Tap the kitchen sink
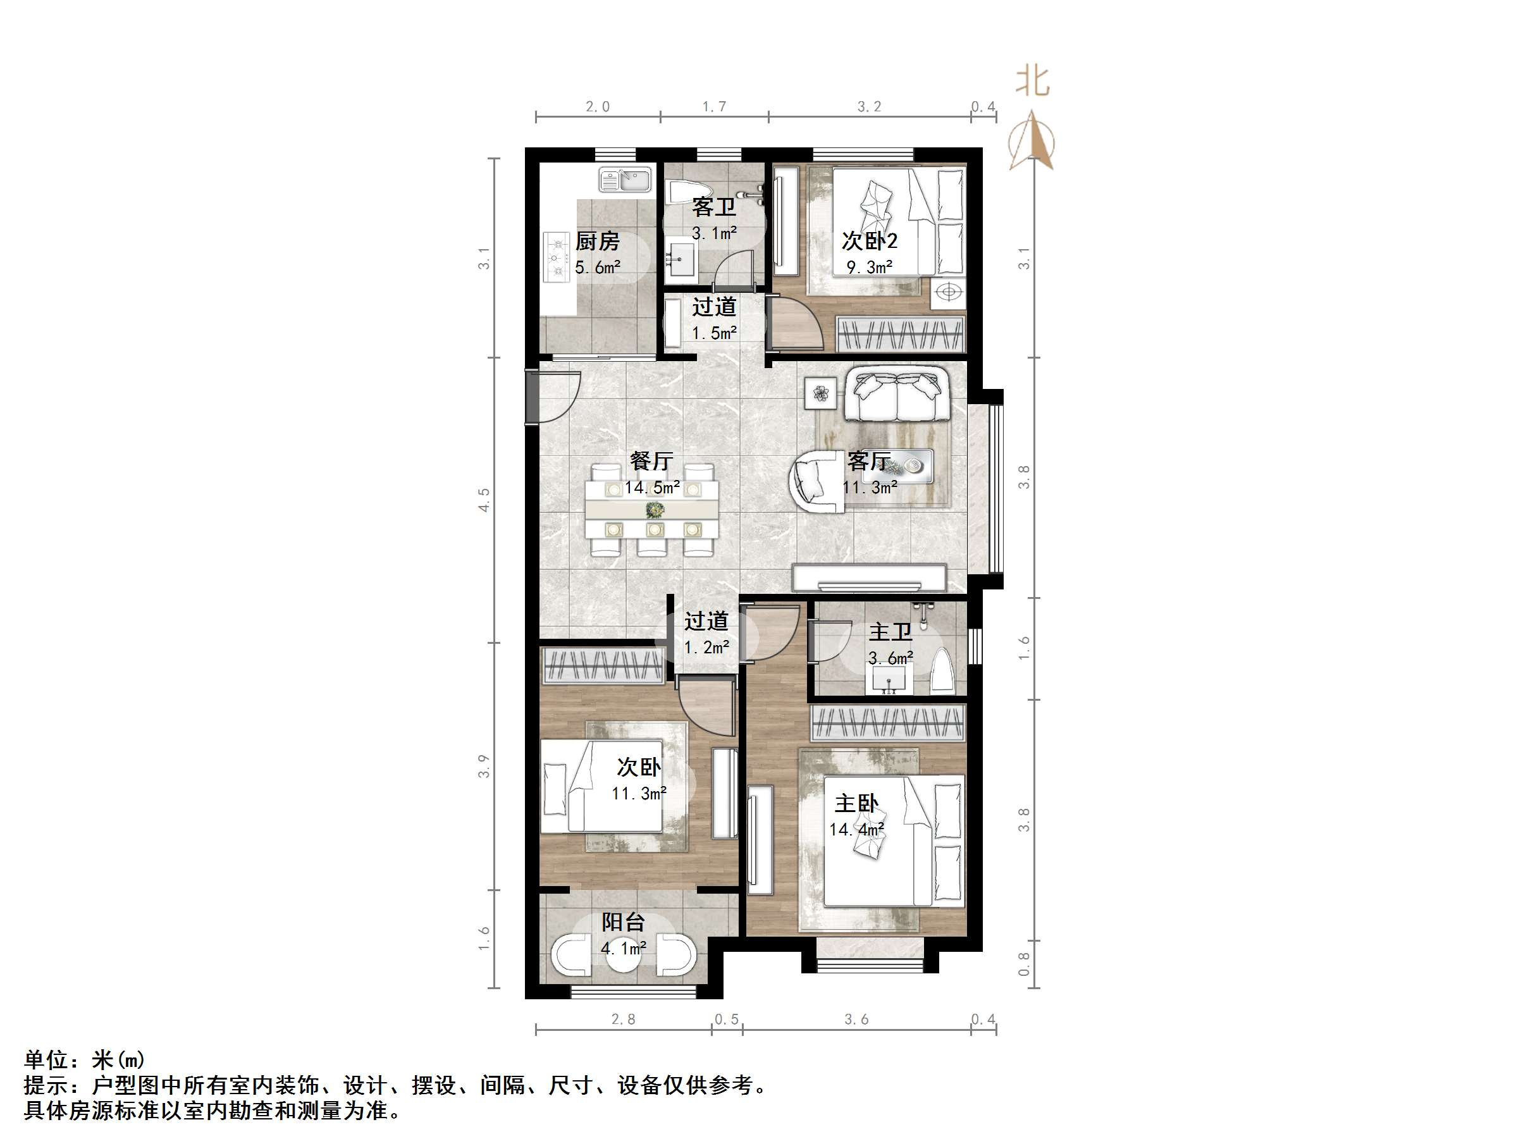coord(142,181)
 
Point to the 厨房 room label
coord(597,241)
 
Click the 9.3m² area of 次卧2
coord(870,267)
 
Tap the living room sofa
coord(897,395)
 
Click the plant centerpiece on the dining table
coord(653,510)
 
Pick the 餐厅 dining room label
coord(651,461)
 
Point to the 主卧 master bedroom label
coord(856,803)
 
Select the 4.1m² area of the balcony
coord(623,948)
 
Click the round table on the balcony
coord(623,953)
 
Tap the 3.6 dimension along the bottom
coord(856,1020)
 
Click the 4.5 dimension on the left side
coord(484,500)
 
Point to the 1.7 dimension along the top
coord(714,106)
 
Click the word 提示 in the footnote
coord(46,1086)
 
